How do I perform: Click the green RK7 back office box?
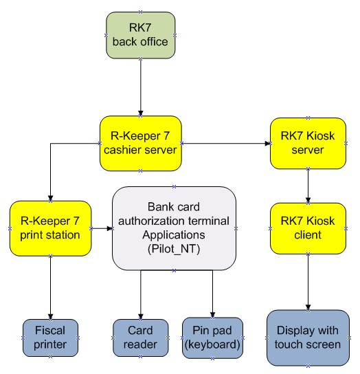click(x=140, y=35)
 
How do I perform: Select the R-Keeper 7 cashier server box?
click(x=140, y=144)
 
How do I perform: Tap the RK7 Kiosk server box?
click(x=308, y=144)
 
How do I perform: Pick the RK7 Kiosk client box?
click(x=308, y=228)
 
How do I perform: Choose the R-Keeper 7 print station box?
click(x=50, y=228)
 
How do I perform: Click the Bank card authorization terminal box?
click(x=174, y=228)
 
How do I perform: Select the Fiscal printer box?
click(x=50, y=338)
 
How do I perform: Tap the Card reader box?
click(x=140, y=338)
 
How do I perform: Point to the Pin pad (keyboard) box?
click(x=213, y=338)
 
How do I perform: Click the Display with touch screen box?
click(x=308, y=338)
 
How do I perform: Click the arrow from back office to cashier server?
click(x=140, y=87)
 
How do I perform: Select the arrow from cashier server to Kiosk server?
click(x=226, y=144)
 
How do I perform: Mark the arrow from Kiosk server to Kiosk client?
click(x=308, y=186)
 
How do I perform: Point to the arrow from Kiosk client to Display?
click(x=308, y=282)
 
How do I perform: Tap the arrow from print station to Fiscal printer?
click(x=50, y=287)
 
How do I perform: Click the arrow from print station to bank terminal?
click(x=102, y=228)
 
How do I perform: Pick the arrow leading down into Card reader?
click(x=140, y=295)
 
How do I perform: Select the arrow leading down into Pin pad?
click(x=213, y=294)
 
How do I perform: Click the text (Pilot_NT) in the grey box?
click(x=174, y=250)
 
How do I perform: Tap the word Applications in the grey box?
click(x=174, y=235)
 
